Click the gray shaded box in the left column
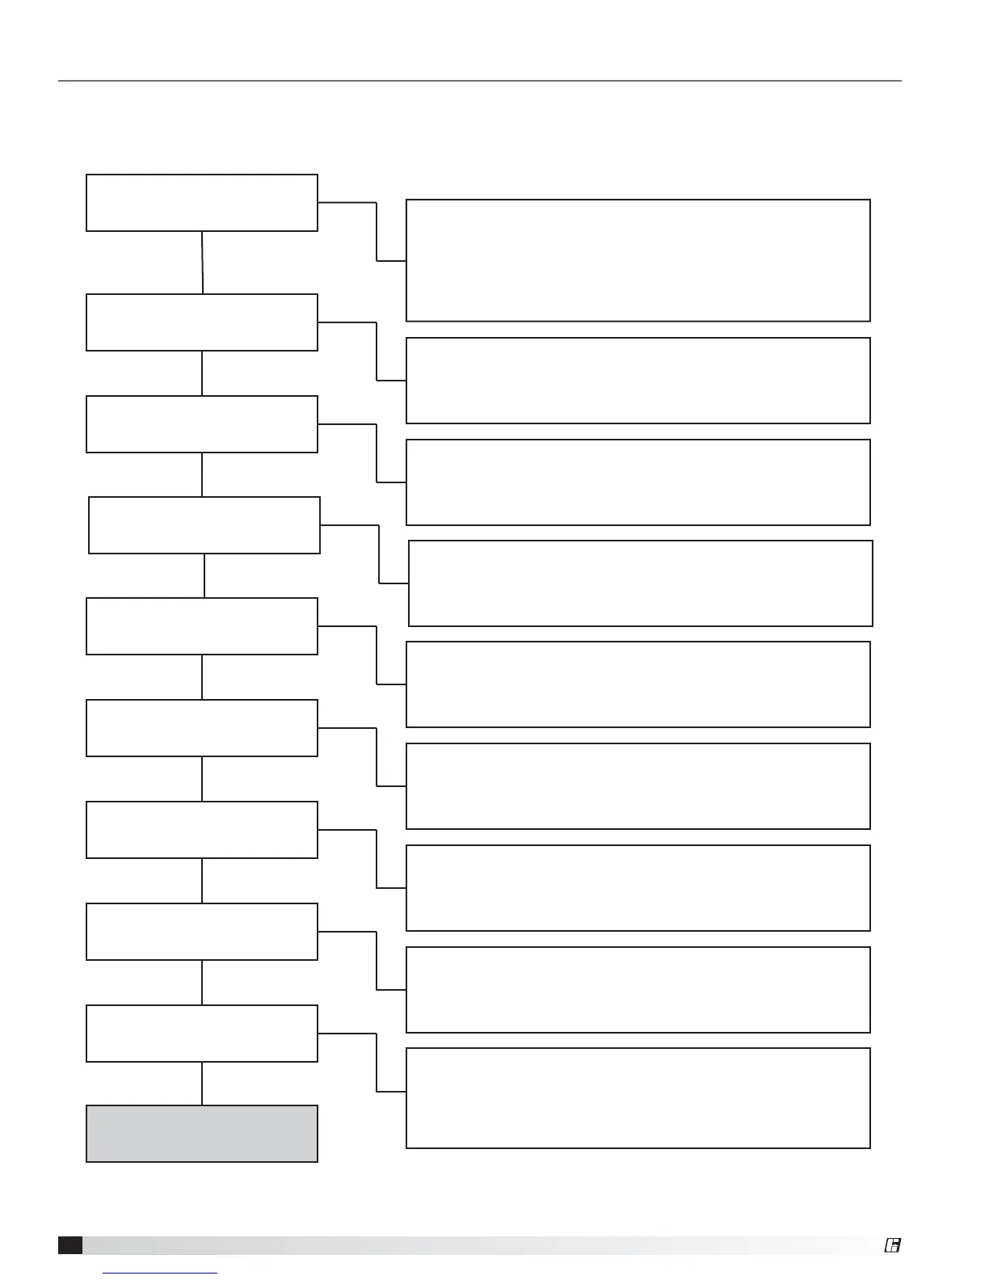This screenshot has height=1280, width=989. tap(201, 1133)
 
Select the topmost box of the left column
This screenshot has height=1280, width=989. tap(201, 202)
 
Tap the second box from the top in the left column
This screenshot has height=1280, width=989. tap(201, 322)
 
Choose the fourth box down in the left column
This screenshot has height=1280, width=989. tap(204, 524)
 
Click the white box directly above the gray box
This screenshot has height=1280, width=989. tap(201, 1033)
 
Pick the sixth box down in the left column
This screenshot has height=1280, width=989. tap(201, 727)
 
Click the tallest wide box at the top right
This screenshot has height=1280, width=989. tap(638, 260)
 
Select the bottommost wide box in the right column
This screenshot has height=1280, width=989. tap(638, 1097)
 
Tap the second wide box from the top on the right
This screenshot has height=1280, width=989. tap(638, 380)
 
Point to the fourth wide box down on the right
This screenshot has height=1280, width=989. tap(640, 583)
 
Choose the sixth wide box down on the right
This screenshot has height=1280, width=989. tap(638, 785)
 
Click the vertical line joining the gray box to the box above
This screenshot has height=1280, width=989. tap(202, 1083)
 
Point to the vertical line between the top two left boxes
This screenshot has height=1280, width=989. tap(202, 262)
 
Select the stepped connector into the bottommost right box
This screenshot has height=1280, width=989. tap(377, 1062)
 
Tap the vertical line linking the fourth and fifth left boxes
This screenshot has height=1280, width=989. tap(204, 575)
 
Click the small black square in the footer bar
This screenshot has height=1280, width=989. tap(69, 1245)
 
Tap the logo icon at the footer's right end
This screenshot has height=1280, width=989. tap(892, 1245)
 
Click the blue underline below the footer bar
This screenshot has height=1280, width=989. tap(161, 1273)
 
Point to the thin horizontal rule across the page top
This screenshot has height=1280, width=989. tap(479, 81)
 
